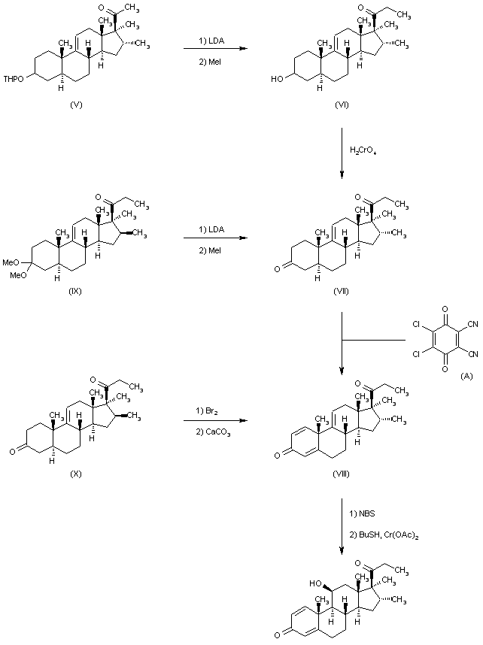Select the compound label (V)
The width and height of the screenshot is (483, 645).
pos(76,104)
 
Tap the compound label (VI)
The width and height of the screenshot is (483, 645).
pos(342,104)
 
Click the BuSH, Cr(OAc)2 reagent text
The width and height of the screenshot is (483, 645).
pos(384,533)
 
